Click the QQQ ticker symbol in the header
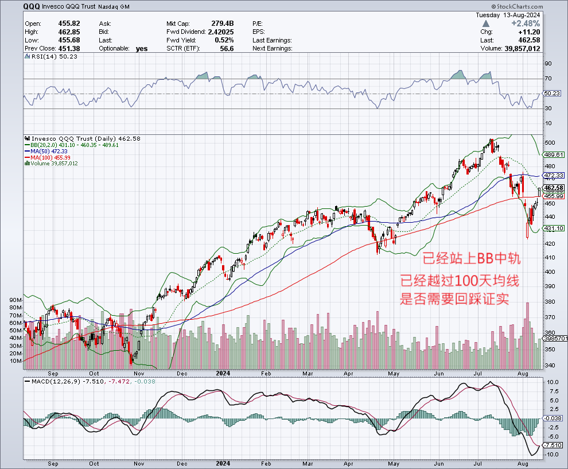click(x=32, y=7)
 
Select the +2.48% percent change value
click(x=542, y=23)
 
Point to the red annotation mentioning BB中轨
click(x=471, y=259)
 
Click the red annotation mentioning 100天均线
click(x=462, y=281)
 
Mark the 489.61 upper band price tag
click(x=554, y=154)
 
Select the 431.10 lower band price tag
click(x=554, y=228)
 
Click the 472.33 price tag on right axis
click(x=554, y=176)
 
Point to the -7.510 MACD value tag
click(x=554, y=445)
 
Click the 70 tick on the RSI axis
click(x=547, y=79)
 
